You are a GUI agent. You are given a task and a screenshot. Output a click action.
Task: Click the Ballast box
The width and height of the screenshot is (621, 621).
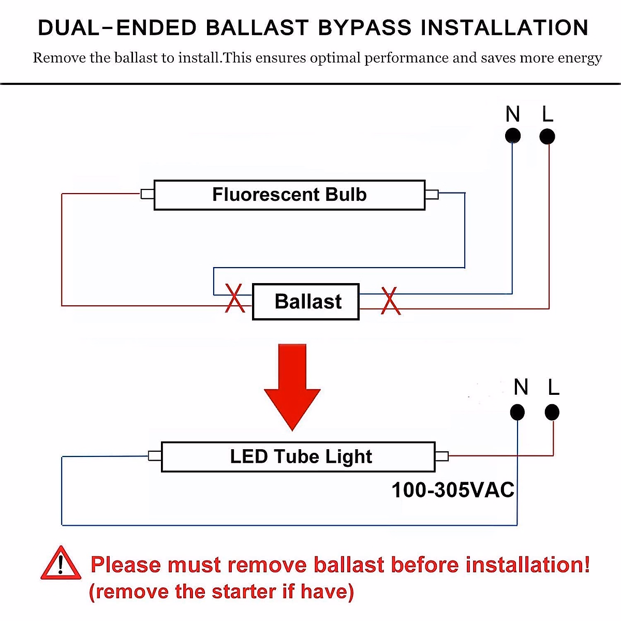click(x=305, y=302)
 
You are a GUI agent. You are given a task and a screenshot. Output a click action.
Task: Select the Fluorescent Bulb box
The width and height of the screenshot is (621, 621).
click(x=289, y=195)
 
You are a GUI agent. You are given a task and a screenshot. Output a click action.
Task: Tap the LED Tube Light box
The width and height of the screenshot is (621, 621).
click(x=298, y=457)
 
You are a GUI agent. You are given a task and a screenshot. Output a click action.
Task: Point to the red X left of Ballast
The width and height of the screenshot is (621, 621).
click(x=235, y=299)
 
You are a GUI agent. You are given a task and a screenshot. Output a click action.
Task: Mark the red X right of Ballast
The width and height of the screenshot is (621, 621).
click(x=390, y=301)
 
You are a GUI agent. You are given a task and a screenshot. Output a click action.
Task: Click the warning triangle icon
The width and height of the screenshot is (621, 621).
click(x=61, y=564)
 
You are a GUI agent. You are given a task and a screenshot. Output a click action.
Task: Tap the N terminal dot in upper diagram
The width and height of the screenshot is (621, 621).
click(x=512, y=136)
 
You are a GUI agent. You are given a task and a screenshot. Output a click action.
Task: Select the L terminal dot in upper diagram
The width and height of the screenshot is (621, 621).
click(x=547, y=137)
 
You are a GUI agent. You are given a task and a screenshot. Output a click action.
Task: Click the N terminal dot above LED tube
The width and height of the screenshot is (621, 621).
click(x=517, y=412)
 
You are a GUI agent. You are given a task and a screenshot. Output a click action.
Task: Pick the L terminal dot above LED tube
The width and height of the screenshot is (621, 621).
click(x=552, y=412)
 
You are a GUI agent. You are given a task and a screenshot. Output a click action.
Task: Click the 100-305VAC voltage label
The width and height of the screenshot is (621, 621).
click(x=453, y=490)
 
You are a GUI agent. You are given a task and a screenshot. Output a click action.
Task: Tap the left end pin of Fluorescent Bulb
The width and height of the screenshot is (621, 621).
click(x=147, y=194)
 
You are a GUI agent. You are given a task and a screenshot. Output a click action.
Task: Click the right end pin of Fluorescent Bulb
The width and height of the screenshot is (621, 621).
click(x=432, y=195)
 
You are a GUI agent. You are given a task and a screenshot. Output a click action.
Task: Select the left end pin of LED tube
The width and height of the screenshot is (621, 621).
click(x=155, y=456)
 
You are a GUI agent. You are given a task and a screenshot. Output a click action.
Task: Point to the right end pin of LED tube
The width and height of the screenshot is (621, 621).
click(x=441, y=456)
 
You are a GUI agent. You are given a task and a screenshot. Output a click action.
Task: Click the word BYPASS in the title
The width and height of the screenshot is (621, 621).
click(x=364, y=28)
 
